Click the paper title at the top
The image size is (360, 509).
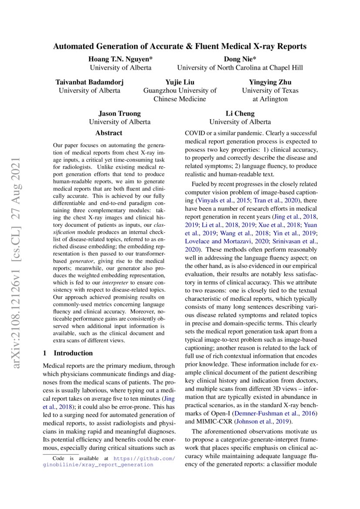[x=180, y=46]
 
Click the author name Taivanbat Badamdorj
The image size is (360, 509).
[x=89, y=82]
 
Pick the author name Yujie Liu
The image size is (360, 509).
[x=180, y=82]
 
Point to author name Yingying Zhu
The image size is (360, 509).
[x=270, y=82]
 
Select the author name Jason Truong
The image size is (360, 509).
[x=120, y=114]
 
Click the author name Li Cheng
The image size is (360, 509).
[x=240, y=114]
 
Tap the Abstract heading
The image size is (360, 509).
[x=109, y=133]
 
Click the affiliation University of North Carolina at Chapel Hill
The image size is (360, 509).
[x=239, y=68]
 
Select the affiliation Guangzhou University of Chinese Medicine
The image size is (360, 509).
[x=180, y=94]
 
